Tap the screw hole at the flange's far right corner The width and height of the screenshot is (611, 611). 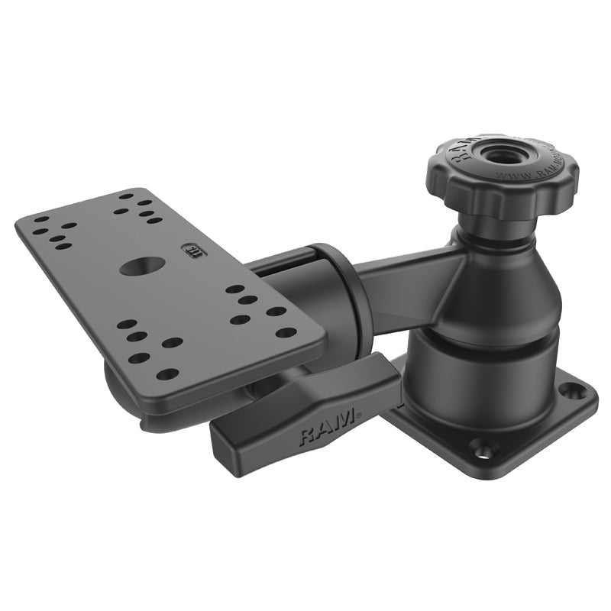567,390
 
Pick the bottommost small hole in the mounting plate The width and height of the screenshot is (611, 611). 166,374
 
